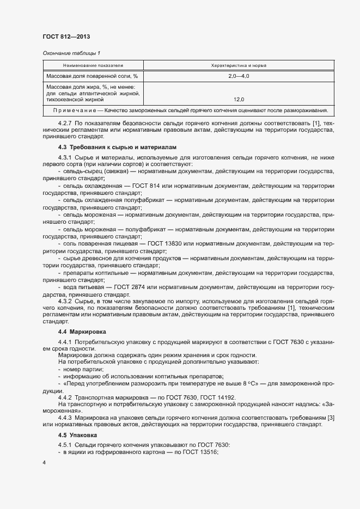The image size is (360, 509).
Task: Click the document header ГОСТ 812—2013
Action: tap(66, 36)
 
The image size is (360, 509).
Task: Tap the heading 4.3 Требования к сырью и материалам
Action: tap(117, 147)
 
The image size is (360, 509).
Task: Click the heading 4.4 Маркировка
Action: tap(82, 332)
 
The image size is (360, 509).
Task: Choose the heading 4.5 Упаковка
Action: tap(78, 436)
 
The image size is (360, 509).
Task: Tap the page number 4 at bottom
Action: tap(44, 463)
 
